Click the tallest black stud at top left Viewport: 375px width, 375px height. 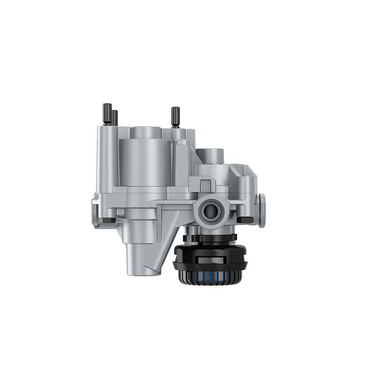(107, 113)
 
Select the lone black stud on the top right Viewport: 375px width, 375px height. (175, 117)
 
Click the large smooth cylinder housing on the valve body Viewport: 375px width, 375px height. (145, 159)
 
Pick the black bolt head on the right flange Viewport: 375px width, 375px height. (245, 219)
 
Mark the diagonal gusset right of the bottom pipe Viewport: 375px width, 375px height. (166, 248)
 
